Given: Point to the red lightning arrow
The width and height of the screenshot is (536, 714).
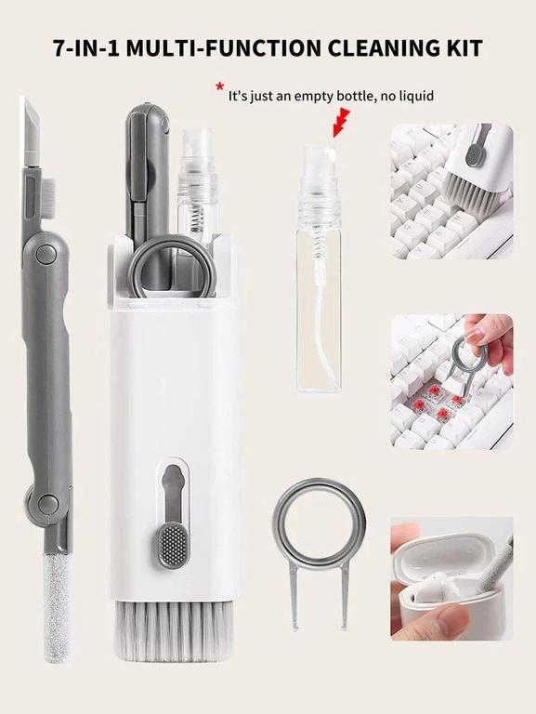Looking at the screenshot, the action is [342, 122].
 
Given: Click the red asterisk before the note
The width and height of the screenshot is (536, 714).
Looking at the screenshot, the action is [220, 86].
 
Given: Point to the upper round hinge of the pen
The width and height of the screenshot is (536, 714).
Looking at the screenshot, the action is [46, 253].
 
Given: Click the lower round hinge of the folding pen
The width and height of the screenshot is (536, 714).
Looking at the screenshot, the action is [47, 504].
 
